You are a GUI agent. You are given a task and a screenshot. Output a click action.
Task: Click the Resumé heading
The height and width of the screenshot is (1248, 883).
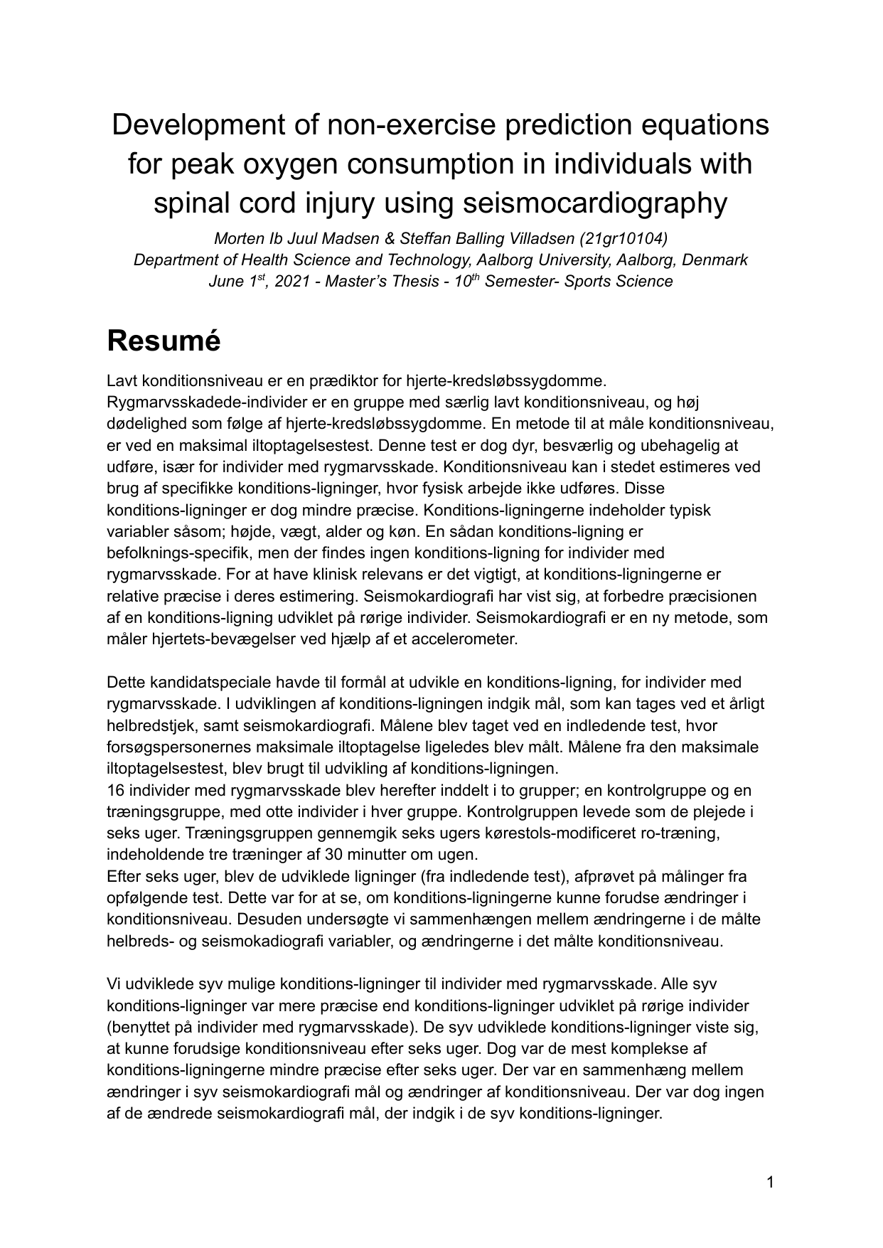point(164,341)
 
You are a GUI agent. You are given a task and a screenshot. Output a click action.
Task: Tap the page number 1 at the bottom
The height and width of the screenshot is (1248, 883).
point(769,1183)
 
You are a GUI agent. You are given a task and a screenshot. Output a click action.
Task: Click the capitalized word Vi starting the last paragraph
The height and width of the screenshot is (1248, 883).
point(114,984)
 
